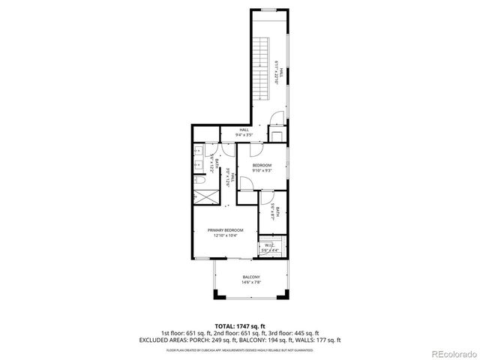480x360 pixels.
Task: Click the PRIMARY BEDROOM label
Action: (x=226, y=229)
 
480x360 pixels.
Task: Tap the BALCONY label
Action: (x=250, y=277)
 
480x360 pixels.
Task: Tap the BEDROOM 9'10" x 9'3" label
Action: (x=262, y=165)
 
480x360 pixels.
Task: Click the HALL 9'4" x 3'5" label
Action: (x=244, y=130)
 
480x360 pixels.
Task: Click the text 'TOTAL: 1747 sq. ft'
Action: (x=240, y=325)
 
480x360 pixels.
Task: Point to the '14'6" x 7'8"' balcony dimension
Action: (x=250, y=282)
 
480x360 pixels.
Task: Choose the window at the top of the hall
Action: (x=268, y=10)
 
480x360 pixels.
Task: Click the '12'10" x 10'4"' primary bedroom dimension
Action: (x=226, y=235)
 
